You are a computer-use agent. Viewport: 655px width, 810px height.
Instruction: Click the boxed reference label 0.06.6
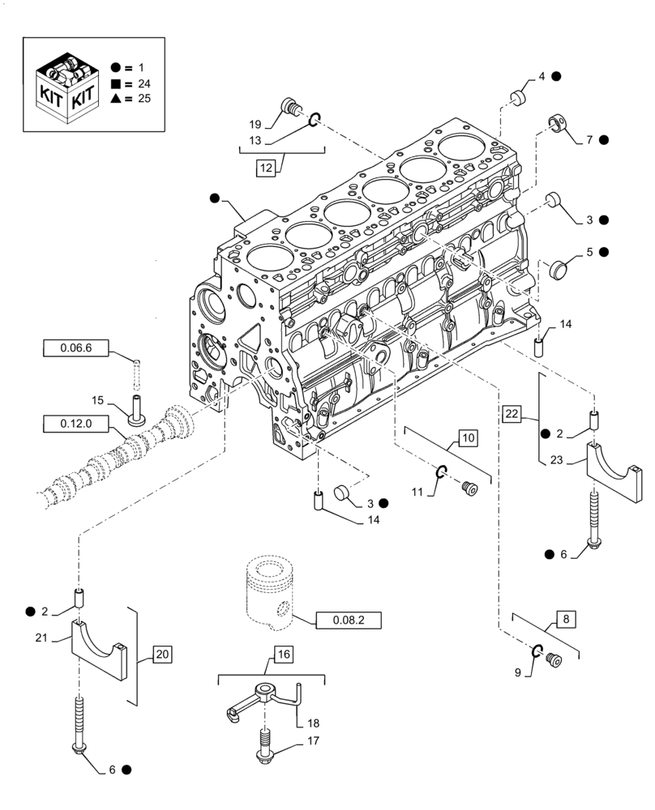75,348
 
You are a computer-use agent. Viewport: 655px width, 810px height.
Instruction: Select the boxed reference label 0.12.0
75,421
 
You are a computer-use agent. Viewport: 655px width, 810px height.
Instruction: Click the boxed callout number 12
268,168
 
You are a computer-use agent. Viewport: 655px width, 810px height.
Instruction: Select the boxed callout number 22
512,414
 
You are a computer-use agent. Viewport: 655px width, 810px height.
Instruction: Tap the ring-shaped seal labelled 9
537,651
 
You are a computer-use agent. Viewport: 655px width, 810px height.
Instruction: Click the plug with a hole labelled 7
557,123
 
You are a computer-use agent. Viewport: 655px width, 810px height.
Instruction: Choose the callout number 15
97,401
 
